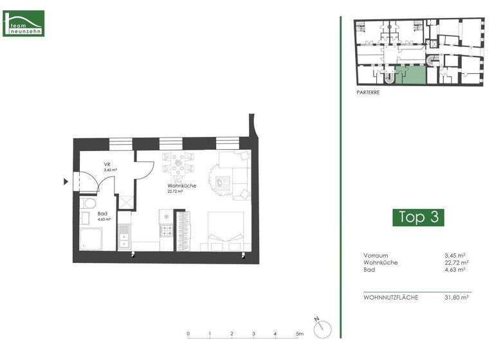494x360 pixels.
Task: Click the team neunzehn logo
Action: [24, 23]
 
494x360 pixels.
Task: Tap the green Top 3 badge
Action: [418, 217]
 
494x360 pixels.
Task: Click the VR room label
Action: [107, 164]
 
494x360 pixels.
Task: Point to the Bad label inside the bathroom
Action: [103, 214]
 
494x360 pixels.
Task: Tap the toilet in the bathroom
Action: [89, 206]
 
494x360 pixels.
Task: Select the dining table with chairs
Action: [178, 164]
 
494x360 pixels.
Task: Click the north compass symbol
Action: [322, 328]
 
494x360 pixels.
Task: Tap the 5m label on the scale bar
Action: [300, 334]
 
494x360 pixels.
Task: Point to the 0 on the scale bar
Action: [188, 334]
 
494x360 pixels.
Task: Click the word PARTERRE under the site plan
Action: [368, 93]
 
